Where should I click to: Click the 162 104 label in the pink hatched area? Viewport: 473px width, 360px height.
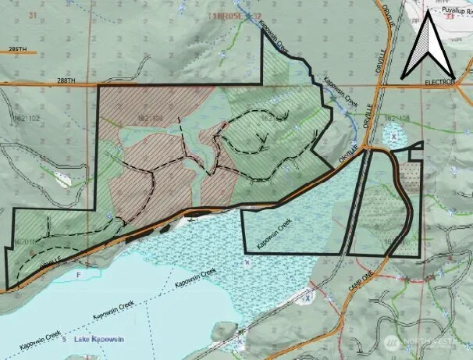pyautogui.click(x=155, y=119)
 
